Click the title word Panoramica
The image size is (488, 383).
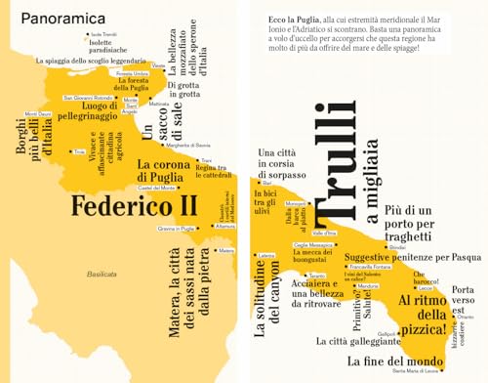click(64, 19)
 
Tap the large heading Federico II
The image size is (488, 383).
click(134, 207)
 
